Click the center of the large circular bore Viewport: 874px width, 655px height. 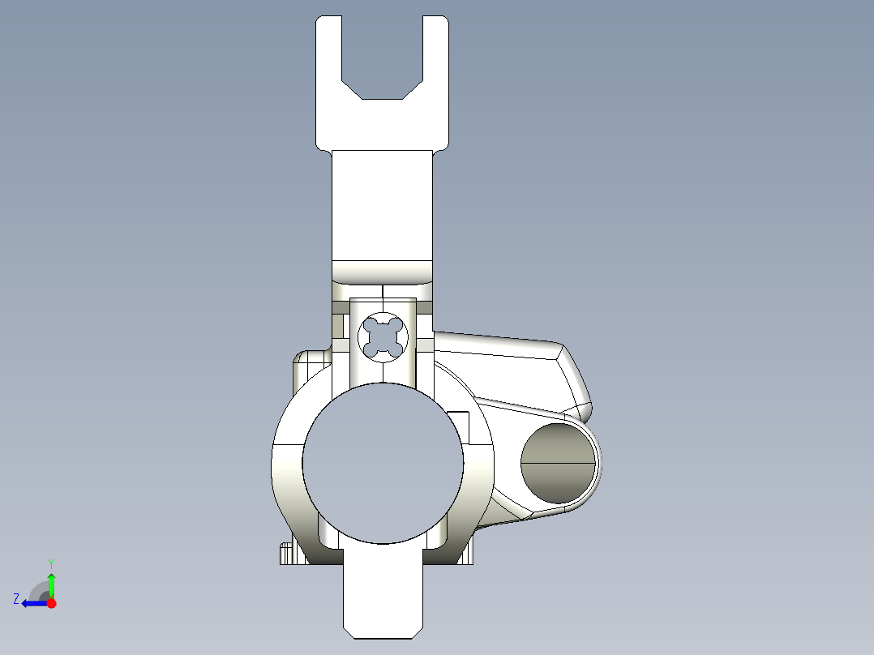[x=383, y=463]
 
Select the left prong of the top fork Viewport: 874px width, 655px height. [x=328, y=81]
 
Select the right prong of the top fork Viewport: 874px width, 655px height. [x=435, y=81]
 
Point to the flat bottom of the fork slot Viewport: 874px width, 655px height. [x=382, y=98]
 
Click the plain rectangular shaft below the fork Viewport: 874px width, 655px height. [x=382, y=203]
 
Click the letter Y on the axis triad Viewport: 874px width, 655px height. [x=50, y=563]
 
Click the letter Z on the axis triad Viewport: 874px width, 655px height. [x=15, y=599]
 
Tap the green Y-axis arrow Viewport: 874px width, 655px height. [x=51, y=584]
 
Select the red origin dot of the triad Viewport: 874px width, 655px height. [x=51, y=603]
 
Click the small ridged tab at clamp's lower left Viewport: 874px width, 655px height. [x=285, y=554]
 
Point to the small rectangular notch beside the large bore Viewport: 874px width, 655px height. [x=459, y=426]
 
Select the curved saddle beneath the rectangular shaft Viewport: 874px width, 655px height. [x=382, y=272]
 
